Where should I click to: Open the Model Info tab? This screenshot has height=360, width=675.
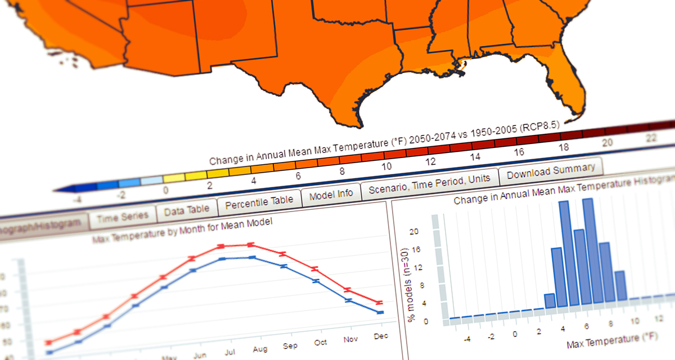pos(331,194)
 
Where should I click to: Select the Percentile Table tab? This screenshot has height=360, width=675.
pos(259,201)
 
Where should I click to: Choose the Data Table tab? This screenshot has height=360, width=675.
pos(186,209)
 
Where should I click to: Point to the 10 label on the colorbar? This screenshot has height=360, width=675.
pos(386,167)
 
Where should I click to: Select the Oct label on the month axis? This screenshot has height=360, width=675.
pos(321,342)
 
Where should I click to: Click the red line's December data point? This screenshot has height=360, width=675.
pos(380,303)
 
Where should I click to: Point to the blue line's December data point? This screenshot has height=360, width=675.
pos(380,312)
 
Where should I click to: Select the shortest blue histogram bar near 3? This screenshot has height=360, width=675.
pos(550,301)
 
